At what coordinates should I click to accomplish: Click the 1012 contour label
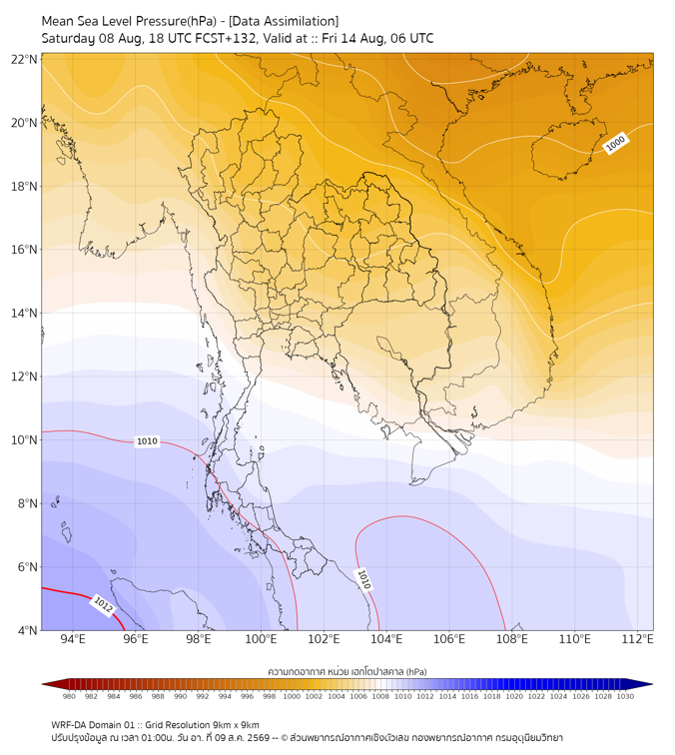103,605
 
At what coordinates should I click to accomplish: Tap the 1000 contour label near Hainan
615,143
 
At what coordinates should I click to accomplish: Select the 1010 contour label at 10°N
147,441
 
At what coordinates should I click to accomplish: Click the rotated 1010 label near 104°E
363,579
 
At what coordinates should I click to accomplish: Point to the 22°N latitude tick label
24,59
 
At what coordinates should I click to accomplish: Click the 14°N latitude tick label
24,314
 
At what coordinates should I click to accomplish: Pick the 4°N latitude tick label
27,630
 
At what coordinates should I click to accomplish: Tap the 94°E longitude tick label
73,639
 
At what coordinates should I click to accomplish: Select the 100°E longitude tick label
261,639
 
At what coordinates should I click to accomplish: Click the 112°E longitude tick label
637,639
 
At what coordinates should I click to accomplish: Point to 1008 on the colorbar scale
380,696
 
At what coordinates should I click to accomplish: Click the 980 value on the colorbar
69,696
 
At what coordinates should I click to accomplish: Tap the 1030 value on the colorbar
625,696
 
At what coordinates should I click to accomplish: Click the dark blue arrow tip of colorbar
652,684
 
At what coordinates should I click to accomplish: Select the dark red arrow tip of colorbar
43,684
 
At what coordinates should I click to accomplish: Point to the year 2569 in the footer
257,738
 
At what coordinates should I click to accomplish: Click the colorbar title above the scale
347,671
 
